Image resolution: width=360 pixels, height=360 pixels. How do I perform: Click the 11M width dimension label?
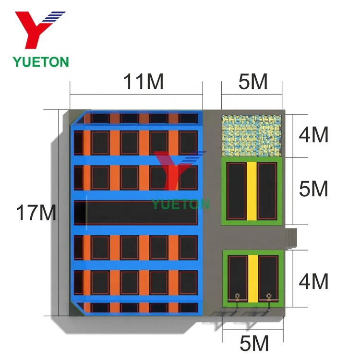[144, 83]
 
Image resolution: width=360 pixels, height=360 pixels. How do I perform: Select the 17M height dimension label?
[36, 213]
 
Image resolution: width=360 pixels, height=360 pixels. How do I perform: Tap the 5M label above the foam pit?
[252, 83]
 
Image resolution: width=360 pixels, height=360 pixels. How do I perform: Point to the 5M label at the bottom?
[252, 344]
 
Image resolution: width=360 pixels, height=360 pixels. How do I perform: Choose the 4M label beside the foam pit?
[313, 136]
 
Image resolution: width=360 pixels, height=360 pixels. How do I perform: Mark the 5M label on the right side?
[313, 190]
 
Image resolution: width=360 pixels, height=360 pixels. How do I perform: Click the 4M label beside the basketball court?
[313, 281]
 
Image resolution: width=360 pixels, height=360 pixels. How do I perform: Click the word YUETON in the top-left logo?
[41, 61]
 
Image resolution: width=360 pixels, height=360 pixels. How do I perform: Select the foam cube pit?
[252, 135]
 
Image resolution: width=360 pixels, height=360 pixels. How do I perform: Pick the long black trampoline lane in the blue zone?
[139, 213]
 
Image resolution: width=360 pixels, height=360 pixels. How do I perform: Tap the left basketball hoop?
[236, 296]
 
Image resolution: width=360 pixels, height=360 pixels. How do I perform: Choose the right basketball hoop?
[269, 296]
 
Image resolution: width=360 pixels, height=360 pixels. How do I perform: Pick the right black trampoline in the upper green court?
[267, 190]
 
